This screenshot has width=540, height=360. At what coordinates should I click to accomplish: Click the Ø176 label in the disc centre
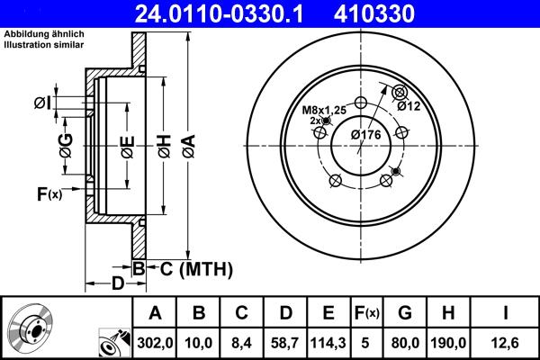coord(366,134)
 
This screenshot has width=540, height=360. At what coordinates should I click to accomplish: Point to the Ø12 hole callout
coord(409,106)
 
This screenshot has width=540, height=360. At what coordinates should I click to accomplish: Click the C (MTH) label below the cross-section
coord(191,268)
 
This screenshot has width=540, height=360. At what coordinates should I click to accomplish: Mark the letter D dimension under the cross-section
coord(118,284)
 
